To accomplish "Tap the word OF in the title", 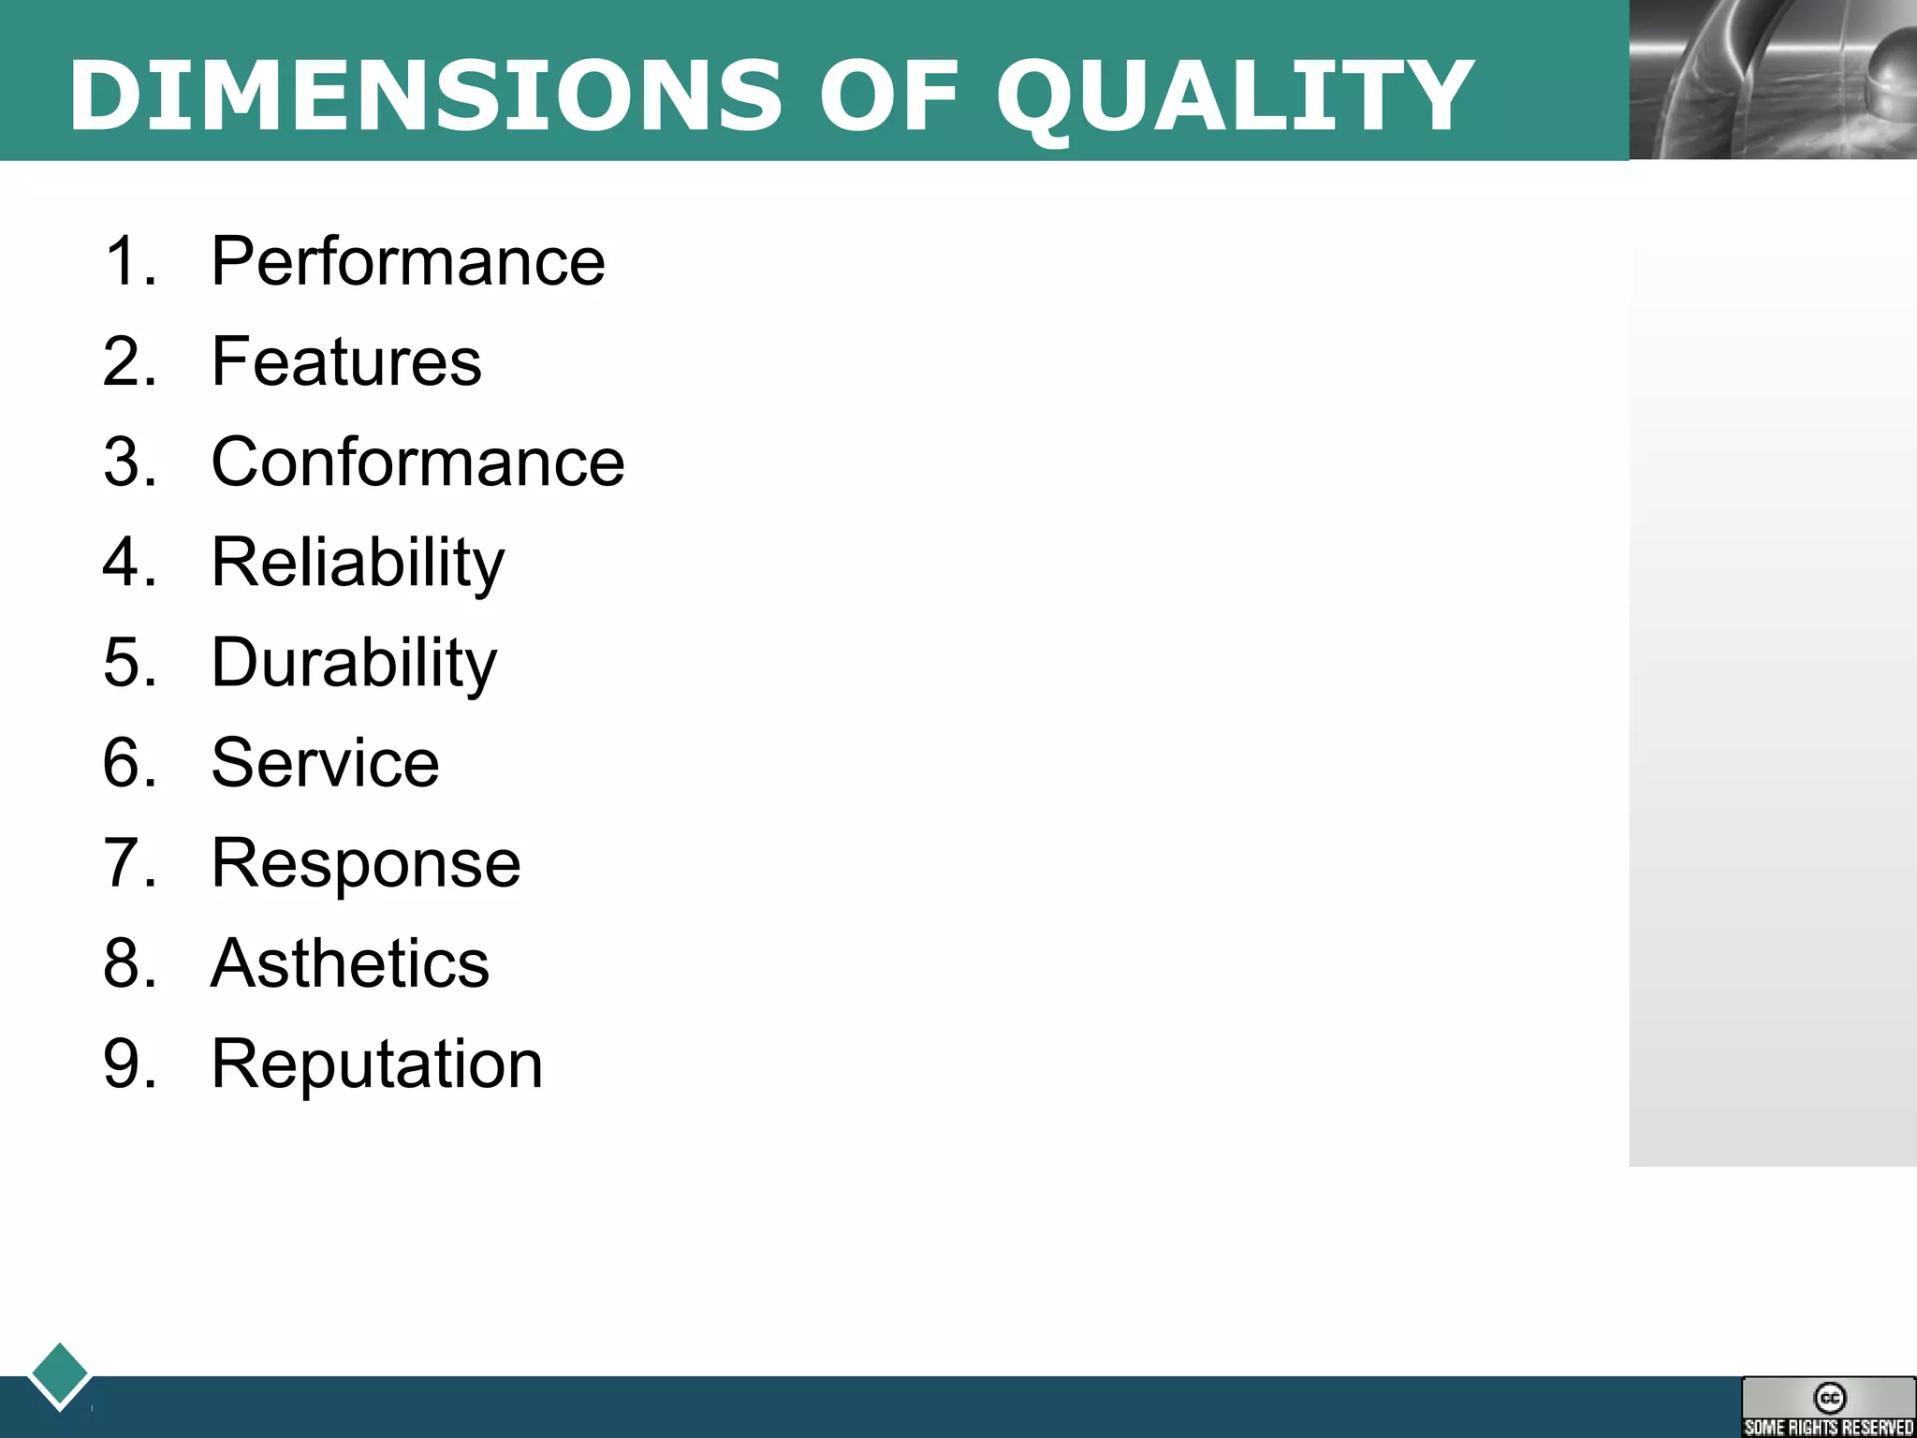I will [888, 95].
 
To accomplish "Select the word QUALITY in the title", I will [1234, 95].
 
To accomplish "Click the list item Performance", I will [408, 261].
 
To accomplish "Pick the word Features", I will [346, 361].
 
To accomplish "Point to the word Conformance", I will [417, 462].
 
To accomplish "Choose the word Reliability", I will [358, 563].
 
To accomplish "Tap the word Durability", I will [354, 663].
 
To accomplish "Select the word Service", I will [325, 763].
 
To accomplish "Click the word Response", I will [365, 863].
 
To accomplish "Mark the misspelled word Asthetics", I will [350, 963].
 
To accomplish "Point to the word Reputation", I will [376, 1064].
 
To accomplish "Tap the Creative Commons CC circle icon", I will [1830, 1398].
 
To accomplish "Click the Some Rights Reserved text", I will [1829, 1427].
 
